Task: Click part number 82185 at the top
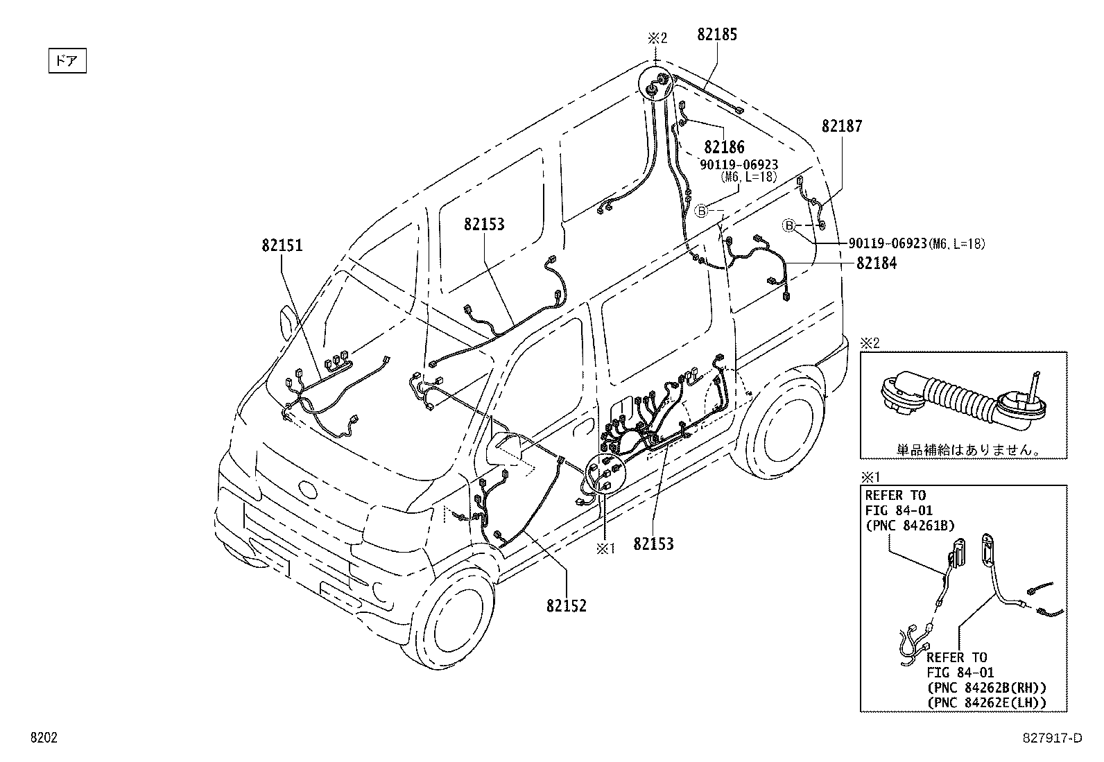[x=716, y=35]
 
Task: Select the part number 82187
[x=842, y=126]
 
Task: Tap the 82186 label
[x=724, y=147]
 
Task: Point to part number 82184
[x=876, y=263]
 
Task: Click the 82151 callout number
[x=282, y=245]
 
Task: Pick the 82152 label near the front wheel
[x=566, y=606]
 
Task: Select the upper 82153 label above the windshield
[x=484, y=225]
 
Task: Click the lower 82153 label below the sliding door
[x=653, y=544]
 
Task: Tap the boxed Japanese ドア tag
[x=67, y=61]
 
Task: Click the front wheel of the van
[x=450, y=623]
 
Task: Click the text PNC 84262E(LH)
[x=986, y=702]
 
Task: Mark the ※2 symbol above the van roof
[x=657, y=38]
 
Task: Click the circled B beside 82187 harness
[x=788, y=225]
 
